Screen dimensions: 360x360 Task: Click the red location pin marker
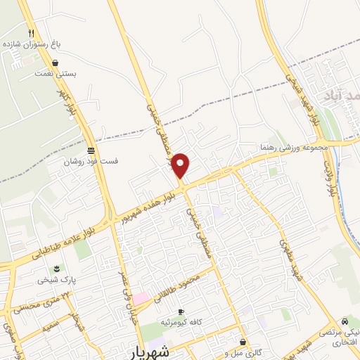(x=181, y=166)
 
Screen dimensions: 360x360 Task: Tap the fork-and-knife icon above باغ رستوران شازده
(x=31, y=33)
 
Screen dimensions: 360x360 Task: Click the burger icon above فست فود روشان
(x=91, y=150)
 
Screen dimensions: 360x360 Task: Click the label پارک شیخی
(x=57, y=279)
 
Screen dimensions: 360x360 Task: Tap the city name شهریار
(x=149, y=350)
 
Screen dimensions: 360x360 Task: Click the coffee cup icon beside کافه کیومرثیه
(x=181, y=311)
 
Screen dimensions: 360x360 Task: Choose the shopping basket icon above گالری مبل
(x=243, y=342)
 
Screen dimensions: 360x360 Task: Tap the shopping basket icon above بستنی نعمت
(x=55, y=63)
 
